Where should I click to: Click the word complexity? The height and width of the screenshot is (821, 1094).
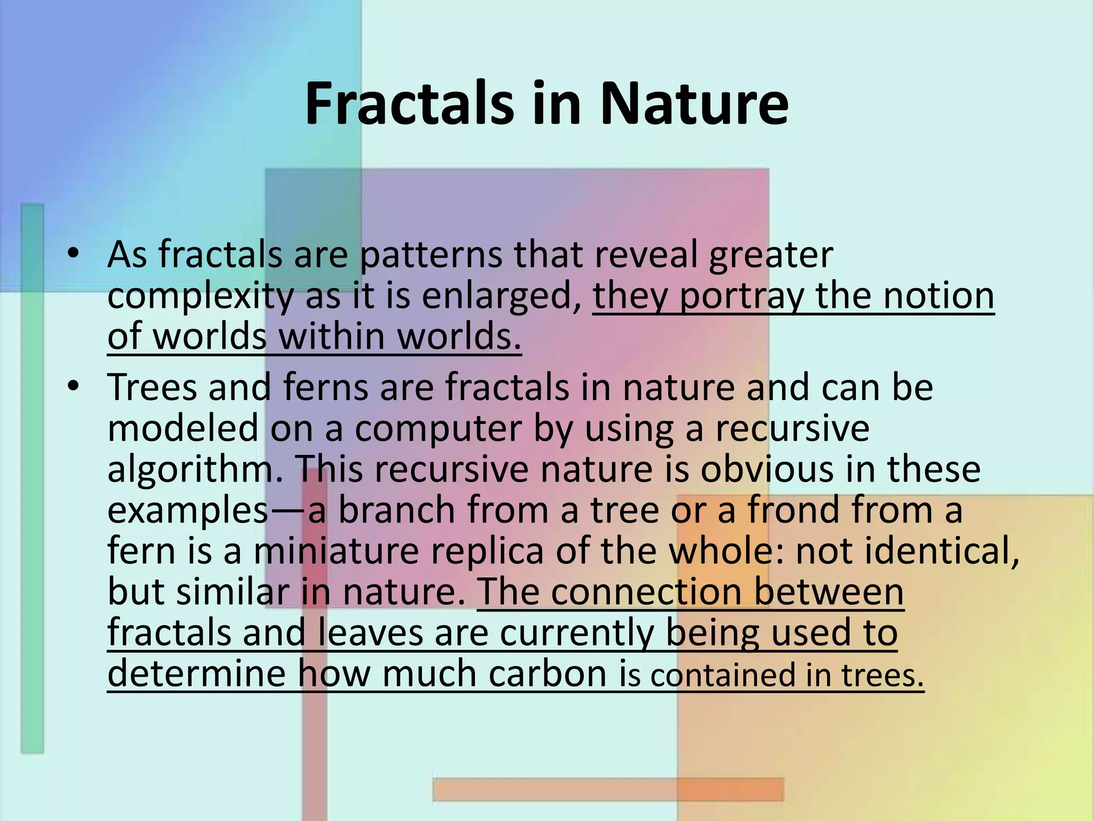point(200,297)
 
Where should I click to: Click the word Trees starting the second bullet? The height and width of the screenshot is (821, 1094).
point(152,387)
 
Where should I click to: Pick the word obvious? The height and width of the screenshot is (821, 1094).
point(767,469)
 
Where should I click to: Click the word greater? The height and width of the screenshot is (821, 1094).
point(771,255)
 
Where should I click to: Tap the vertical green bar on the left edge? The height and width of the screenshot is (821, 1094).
point(32,481)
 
